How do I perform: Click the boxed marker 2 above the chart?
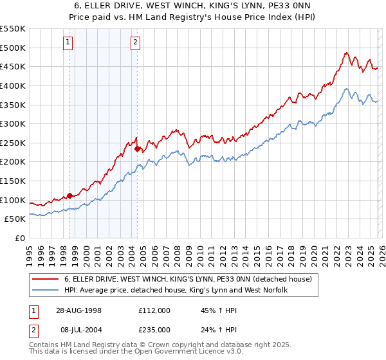click(136, 43)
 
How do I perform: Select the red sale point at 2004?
click(137, 148)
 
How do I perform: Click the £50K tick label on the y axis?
click(15, 219)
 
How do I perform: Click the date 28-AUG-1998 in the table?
click(78, 310)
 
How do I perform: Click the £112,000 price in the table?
click(154, 310)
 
